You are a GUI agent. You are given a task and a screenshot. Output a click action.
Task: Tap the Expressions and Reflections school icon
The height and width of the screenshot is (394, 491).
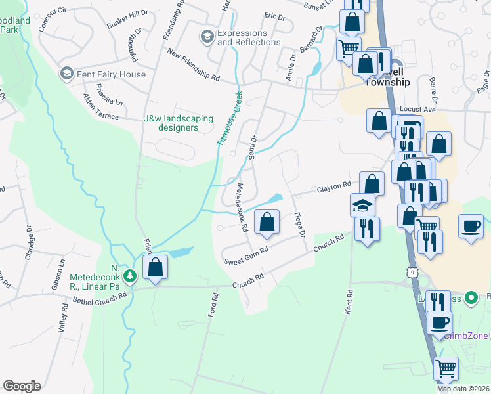pyautogui.click(x=207, y=34)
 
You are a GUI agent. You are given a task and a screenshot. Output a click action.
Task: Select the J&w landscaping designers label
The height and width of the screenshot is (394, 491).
pyautogui.click(x=179, y=123)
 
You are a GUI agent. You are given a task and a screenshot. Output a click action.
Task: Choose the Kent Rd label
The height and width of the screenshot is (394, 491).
pyautogui.click(x=347, y=301)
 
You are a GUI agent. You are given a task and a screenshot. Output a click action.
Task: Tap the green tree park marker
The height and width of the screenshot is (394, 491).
pyautogui.click(x=131, y=275)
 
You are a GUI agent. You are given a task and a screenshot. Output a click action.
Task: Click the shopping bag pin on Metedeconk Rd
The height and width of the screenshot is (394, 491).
pyautogui.click(x=267, y=223)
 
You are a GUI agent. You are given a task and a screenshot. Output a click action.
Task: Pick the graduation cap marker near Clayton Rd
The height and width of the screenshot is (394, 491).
pyautogui.click(x=363, y=205)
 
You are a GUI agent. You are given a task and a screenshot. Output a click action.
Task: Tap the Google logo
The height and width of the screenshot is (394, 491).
pyautogui.click(x=22, y=386)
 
